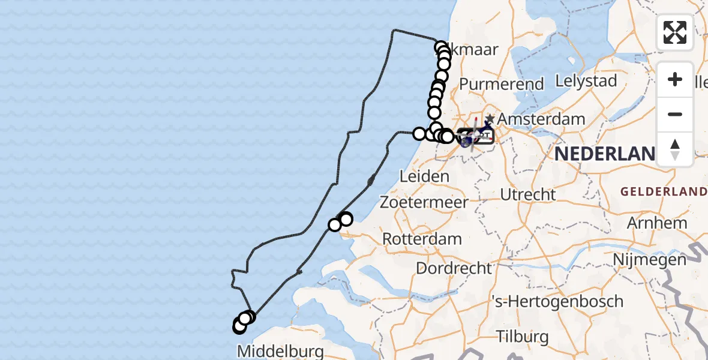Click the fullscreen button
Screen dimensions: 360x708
click(x=675, y=32)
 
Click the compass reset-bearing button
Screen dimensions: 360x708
click(x=675, y=149)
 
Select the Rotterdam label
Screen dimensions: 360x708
click(x=422, y=239)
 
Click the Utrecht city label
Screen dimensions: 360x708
click(x=527, y=194)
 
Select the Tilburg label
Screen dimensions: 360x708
click(x=523, y=336)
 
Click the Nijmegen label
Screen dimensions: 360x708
click(x=650, y=260)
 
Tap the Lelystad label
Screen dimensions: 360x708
click(x=586, y=80)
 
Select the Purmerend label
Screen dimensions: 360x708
click(x=502, y=85)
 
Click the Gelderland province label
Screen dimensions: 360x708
click(x=664, y=192)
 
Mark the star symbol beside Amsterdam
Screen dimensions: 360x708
click(x=491, y=118)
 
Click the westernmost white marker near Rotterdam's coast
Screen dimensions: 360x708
click(x=335, y=225)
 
